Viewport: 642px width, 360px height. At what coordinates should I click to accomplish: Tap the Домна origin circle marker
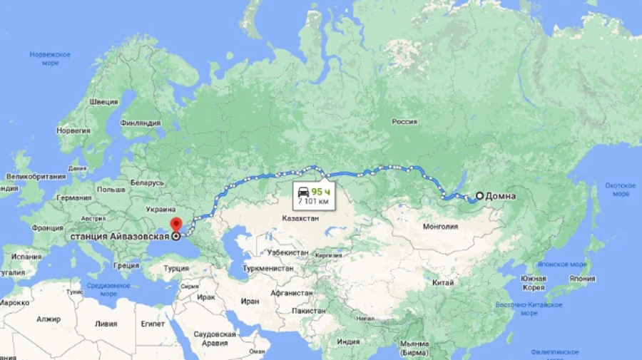tap(479, 196)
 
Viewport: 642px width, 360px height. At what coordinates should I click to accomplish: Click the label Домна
tap(501, 196)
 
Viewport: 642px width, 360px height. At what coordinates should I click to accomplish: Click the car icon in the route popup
tap(302, 192)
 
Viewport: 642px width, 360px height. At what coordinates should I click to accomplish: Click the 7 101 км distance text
tap(315, 202)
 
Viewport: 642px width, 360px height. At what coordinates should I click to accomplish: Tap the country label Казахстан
tap(300, 218)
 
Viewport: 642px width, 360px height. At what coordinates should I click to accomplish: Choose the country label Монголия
tap(441, 227)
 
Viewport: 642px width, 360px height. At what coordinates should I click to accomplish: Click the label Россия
tap(404, 122)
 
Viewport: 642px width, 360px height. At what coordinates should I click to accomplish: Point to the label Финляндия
tap(141, 123)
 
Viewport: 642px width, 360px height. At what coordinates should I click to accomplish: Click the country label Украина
tap(161, 210)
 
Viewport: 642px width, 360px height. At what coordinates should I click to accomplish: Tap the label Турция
tap(176, 269)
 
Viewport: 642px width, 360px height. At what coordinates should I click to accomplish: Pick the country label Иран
tap(250, 302)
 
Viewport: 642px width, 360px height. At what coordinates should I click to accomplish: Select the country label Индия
tap(348, 341)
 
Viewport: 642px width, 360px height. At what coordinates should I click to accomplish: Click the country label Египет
tap(153, 324)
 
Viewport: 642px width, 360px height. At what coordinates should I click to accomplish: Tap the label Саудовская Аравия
tap(214, 339)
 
